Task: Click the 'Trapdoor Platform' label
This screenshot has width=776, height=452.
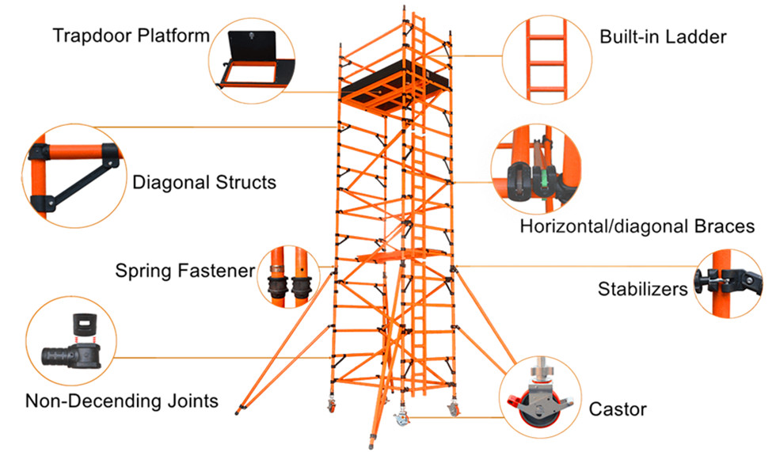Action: tap(131, 36)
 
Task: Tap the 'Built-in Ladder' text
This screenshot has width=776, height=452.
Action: tap(663, 36)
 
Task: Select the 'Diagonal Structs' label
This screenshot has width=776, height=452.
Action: tap(204, 182)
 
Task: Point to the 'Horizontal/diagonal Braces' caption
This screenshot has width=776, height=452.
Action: tap(637, 226)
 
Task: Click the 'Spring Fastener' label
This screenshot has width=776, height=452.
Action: tap(185, 271)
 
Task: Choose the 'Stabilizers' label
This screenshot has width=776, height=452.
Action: tap(642, 289)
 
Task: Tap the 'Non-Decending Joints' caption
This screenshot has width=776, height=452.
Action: tap(121, 401)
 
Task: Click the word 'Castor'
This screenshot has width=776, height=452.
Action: tap(618, 409)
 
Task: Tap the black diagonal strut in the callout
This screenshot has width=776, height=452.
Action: tap(79, 178)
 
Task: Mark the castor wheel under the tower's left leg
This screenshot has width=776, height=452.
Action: tap(331, 407)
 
